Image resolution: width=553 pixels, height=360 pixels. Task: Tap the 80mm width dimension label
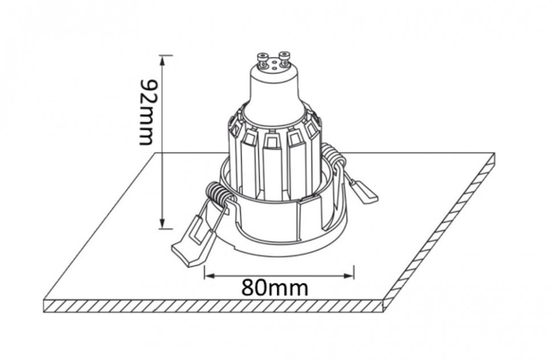click(x=274, y=287)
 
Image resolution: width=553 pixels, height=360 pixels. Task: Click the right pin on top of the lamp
click(x=283, y=57)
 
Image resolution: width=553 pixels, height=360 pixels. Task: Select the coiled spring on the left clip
click(x=219, y=196)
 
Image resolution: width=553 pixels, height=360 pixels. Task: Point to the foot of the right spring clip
click(x=365, y=193)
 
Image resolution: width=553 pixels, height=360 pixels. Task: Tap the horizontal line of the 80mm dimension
click(x=279, y=275)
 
